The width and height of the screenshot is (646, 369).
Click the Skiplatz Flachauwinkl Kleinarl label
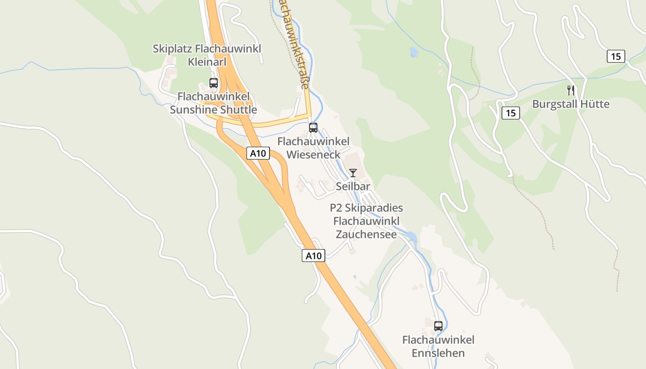click(207, 55)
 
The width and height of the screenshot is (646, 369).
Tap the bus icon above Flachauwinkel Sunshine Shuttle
click(214, 83)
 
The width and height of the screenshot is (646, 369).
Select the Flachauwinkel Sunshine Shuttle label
click(213, 103)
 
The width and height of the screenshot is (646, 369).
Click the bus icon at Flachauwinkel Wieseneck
click(313, 127)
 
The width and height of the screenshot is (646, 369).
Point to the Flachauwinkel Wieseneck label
click(313, 148)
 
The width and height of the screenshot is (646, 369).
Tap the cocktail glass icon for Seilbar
click(353, 173)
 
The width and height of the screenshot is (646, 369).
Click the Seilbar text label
click(353, 186)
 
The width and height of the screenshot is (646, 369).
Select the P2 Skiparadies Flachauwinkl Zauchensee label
click(366, 221)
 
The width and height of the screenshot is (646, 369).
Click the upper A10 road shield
click(258, 153)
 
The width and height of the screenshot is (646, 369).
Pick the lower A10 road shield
click(313, 256)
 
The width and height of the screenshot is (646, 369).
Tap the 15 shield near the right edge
click(616, 56)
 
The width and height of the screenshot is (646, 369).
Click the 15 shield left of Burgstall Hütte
click(510, 113)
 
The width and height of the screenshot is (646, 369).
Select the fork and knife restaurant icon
click(571, 90)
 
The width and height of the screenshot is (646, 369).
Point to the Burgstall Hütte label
click(571, 104)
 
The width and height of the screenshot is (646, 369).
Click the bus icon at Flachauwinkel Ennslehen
click(438, 326)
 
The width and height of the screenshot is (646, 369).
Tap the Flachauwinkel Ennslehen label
click(438, 346)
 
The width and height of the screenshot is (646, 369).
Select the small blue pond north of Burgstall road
click(414, 52)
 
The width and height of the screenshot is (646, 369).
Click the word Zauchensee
click(366, 234)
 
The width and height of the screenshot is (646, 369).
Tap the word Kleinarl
click(207, 61)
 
